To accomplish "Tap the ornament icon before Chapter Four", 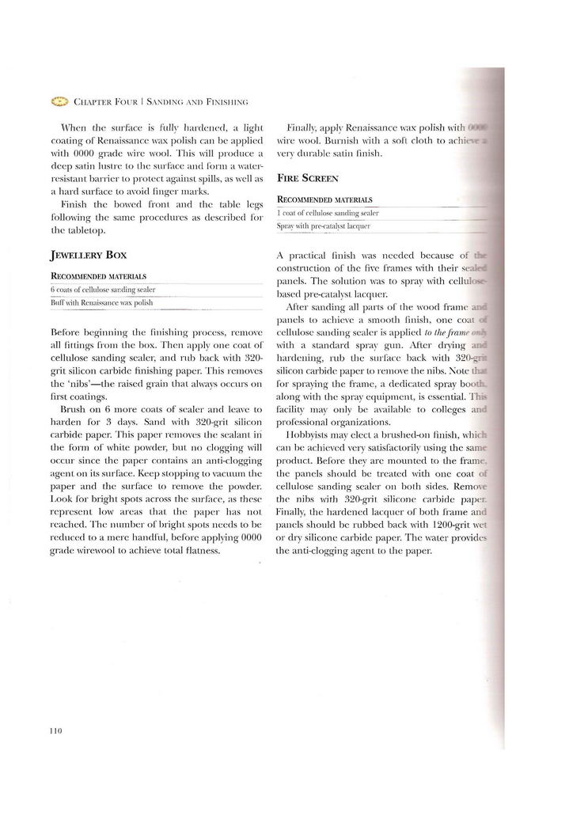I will (x=60, y=101).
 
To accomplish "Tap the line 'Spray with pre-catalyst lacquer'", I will (x=324, y=226).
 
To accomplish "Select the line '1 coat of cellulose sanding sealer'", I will (x=328, y=213).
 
